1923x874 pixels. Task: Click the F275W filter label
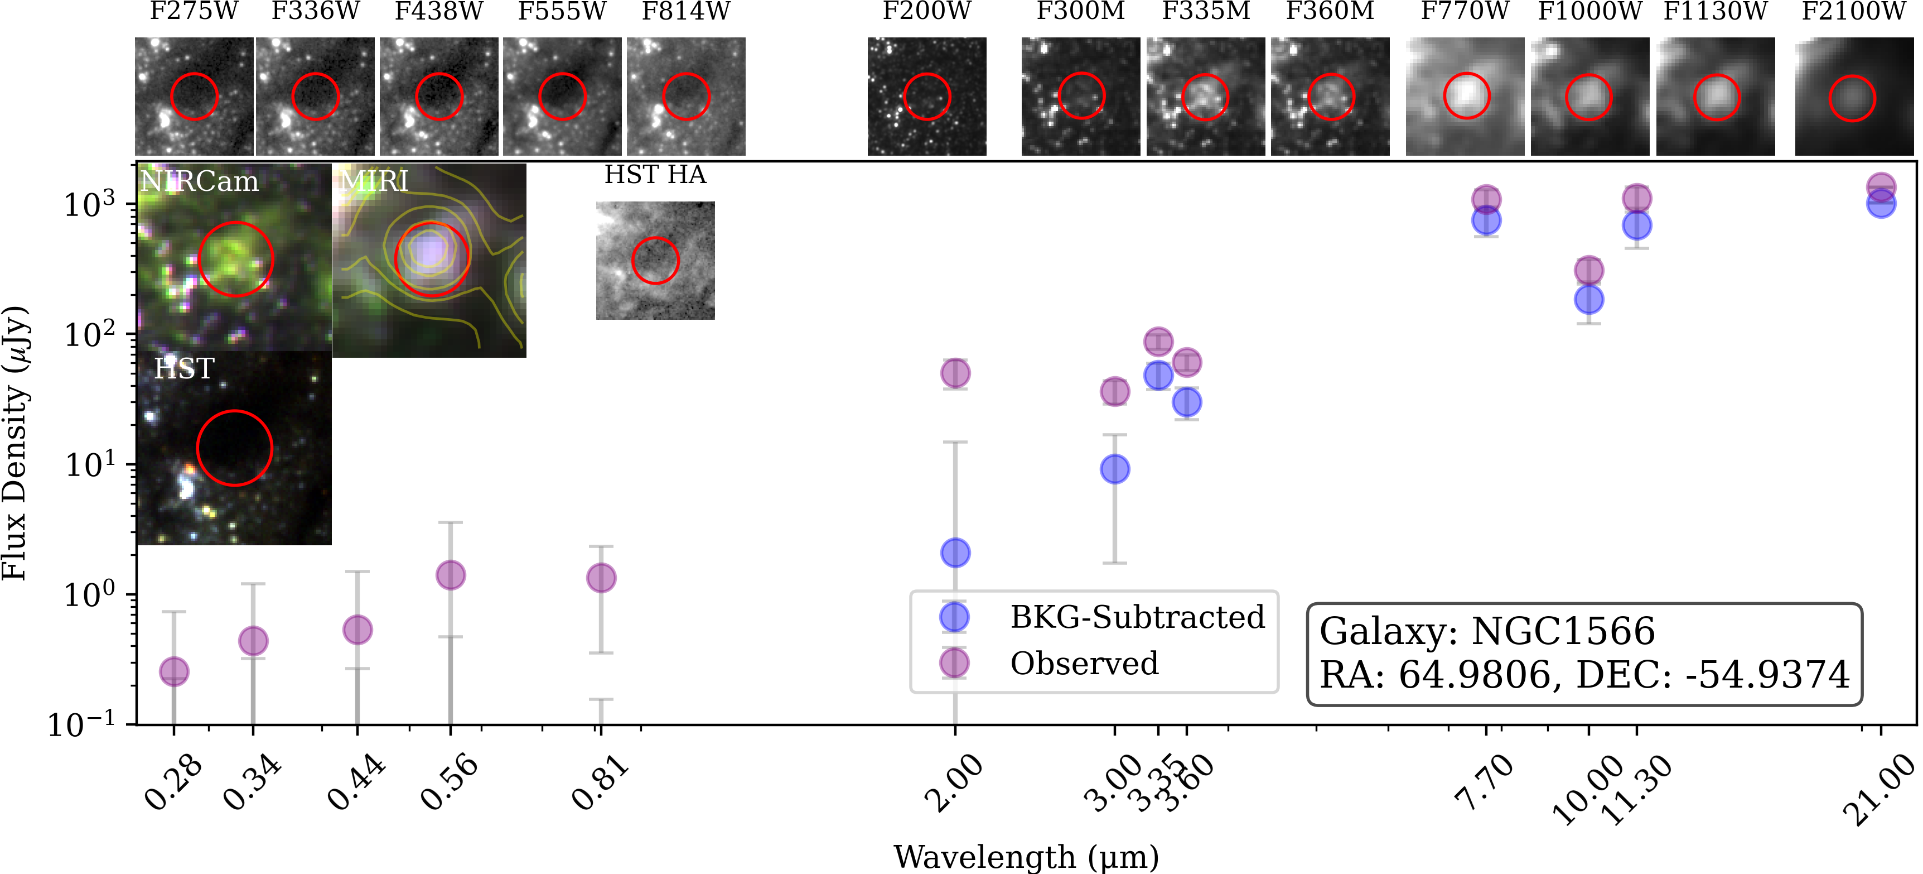pyautogui.click(x=194, y=12)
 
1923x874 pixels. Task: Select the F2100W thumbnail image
pyautogui.click(x=1853, y=97)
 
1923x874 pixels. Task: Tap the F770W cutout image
pyautogui.click(x=1465, y=97)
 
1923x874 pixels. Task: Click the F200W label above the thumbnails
pyautogui.click(x=926, y=12)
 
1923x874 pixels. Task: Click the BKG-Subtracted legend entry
pyautogui.click(x=1136, y=618)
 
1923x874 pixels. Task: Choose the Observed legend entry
pyautogui.click(x=1084, y=664)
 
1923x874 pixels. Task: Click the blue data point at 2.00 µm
pyautogui.click(x=955, y=553)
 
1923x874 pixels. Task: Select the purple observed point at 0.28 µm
pyautogui.click(x=174, y=671)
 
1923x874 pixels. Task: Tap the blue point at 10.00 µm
pyautogui.click(x=1588, y=300)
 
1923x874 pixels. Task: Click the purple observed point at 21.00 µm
pyautogui.click(x=1881, y=187)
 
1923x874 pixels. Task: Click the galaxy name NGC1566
pyautogui.click(x=1563, y=632)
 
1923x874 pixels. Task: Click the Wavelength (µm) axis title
pyautogui.click(x=1026, y=857)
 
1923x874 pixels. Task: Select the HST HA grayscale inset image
pyautogui.click(x=655, y=261)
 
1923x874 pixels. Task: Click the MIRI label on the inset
pyautogui.click(x=375, y=181)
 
